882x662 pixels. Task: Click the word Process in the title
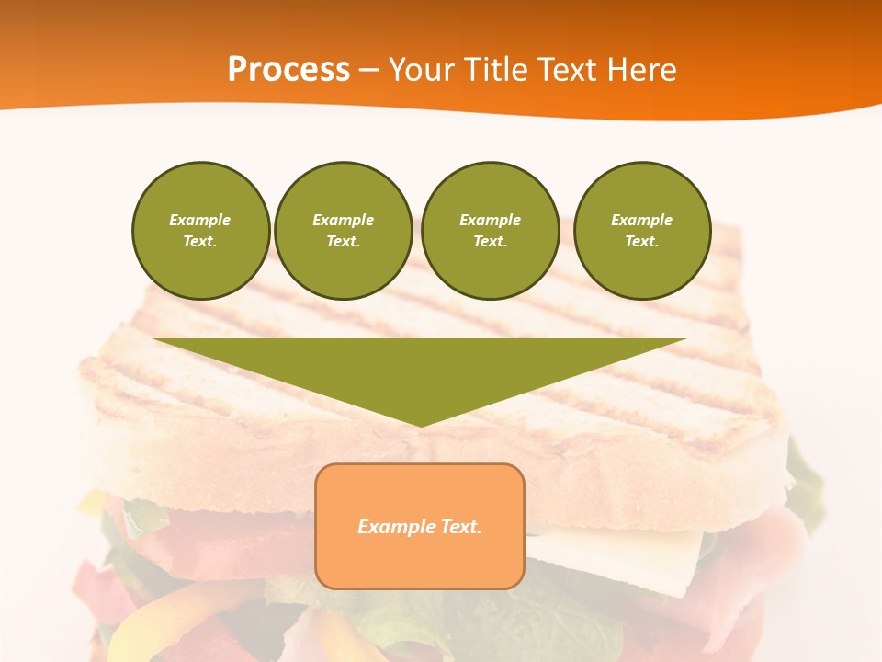click(x=288, y=69)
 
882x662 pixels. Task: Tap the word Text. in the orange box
click(x=461, y=527)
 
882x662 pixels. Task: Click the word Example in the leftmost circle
click(x=200, y=220)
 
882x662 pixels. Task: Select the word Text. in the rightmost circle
click(x=641, y=241)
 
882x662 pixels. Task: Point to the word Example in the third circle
click(x=490, y=220)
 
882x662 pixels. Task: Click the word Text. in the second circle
click(x=343, y=241)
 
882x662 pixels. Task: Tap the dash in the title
click(x=369, y=69)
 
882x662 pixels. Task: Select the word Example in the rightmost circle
click(x=641, y=220)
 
